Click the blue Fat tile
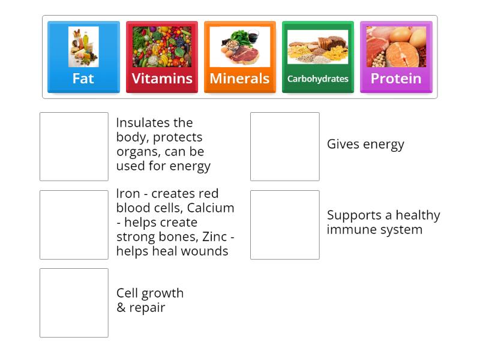(83, 58)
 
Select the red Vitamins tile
(162, 58)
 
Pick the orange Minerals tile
(239, 58)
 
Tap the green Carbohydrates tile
(317, 58)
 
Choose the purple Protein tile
(396, 58)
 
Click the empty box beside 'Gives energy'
(284, 146)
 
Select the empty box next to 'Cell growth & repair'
(74, 302)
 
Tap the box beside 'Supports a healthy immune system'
(284, 224)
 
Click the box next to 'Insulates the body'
(74, 146)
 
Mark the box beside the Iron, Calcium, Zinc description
(74, 224)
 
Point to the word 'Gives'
(341, 145)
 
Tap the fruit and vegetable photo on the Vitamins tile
(162, 47)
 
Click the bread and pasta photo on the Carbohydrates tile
(317, 47)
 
